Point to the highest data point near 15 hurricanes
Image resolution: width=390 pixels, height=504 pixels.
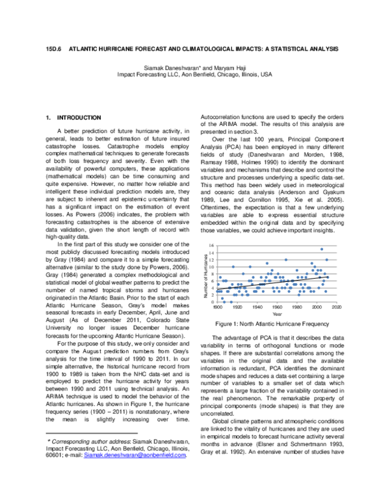(321, 249)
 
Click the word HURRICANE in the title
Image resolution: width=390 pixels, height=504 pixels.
(112, 49)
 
